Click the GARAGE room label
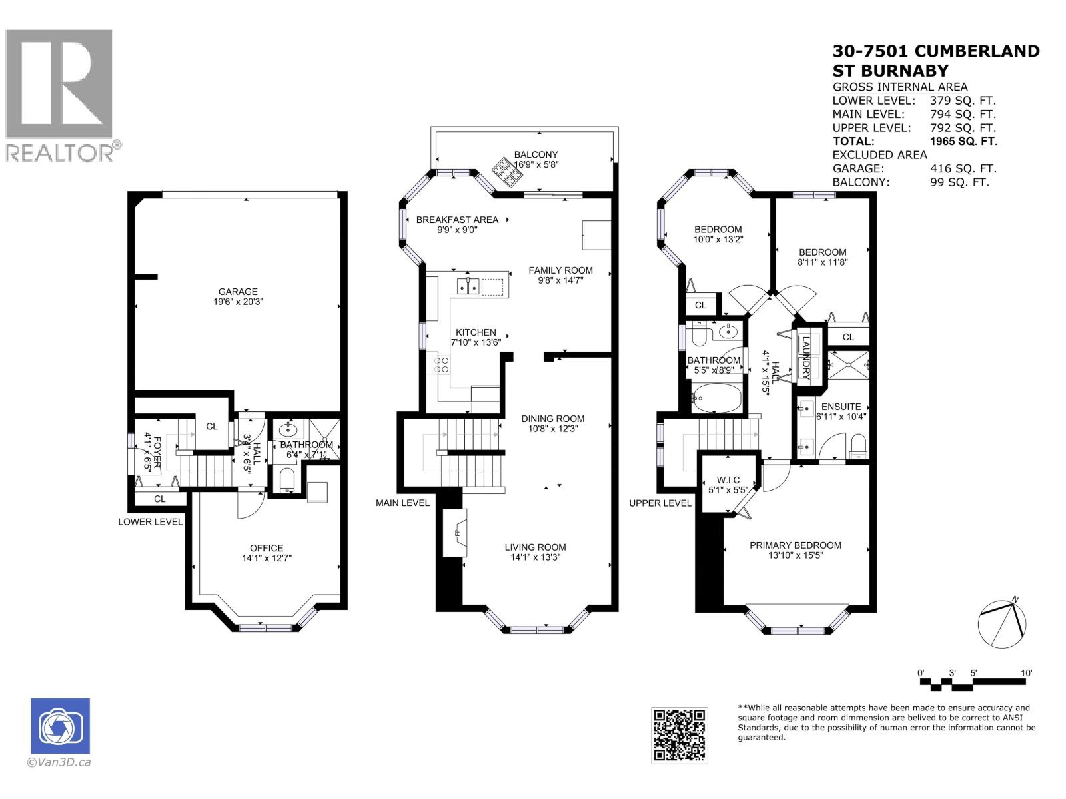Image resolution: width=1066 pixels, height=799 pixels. pos(238,292)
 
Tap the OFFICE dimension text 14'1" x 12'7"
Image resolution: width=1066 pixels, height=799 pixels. pos(266,559)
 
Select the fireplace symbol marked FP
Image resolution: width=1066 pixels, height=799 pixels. pos(457,533)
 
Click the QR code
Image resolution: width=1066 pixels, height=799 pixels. pos(679,735)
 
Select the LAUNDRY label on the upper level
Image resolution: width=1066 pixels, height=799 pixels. pos(805,358)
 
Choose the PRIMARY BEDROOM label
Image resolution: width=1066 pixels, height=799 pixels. pos(795,545)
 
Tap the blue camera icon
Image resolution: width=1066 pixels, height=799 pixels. pos(60,727)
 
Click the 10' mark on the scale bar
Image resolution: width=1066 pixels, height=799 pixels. pos(1027,673)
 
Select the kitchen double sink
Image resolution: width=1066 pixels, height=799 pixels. pos(468,286)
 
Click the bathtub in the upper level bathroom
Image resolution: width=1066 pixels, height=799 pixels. pos(716,398)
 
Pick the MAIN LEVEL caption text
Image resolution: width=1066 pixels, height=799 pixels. pos(402,503)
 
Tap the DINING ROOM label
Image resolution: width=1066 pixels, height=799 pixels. pos(552,419)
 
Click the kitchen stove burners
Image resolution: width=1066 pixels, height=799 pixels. pos(441,364)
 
